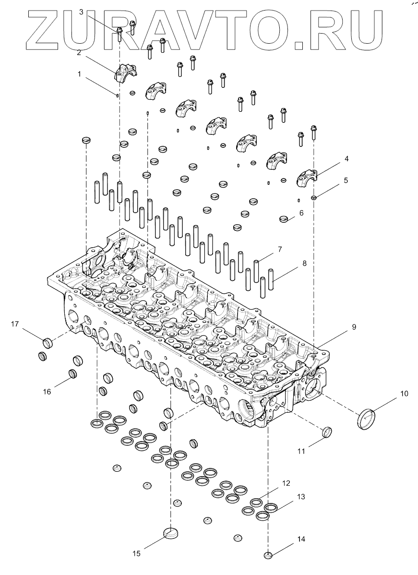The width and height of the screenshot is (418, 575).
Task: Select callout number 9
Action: (x=354, y=327)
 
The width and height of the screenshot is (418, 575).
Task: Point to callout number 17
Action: (x=15, y=324)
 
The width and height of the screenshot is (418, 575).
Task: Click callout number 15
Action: (x=136, y=553)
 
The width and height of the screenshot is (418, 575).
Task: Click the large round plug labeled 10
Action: (x=367, y=419)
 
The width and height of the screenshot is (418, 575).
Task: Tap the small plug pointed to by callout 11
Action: (x=327, y=431)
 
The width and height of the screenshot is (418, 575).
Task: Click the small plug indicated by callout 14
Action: (x=268, y=556)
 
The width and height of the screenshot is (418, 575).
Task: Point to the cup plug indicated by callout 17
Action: (x=47, y=343)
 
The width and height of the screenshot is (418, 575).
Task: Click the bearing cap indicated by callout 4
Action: (x=306, y=178)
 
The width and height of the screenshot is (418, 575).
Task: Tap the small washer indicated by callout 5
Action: (x=313, y=197)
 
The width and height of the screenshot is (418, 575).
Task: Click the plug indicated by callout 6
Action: (x=286, y=219)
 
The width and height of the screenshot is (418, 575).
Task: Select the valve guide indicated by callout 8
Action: (x=272, y=279)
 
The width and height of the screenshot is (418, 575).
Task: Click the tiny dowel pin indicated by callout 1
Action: (x=118, y=95)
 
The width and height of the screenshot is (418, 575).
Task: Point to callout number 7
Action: (x=279, y=249)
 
